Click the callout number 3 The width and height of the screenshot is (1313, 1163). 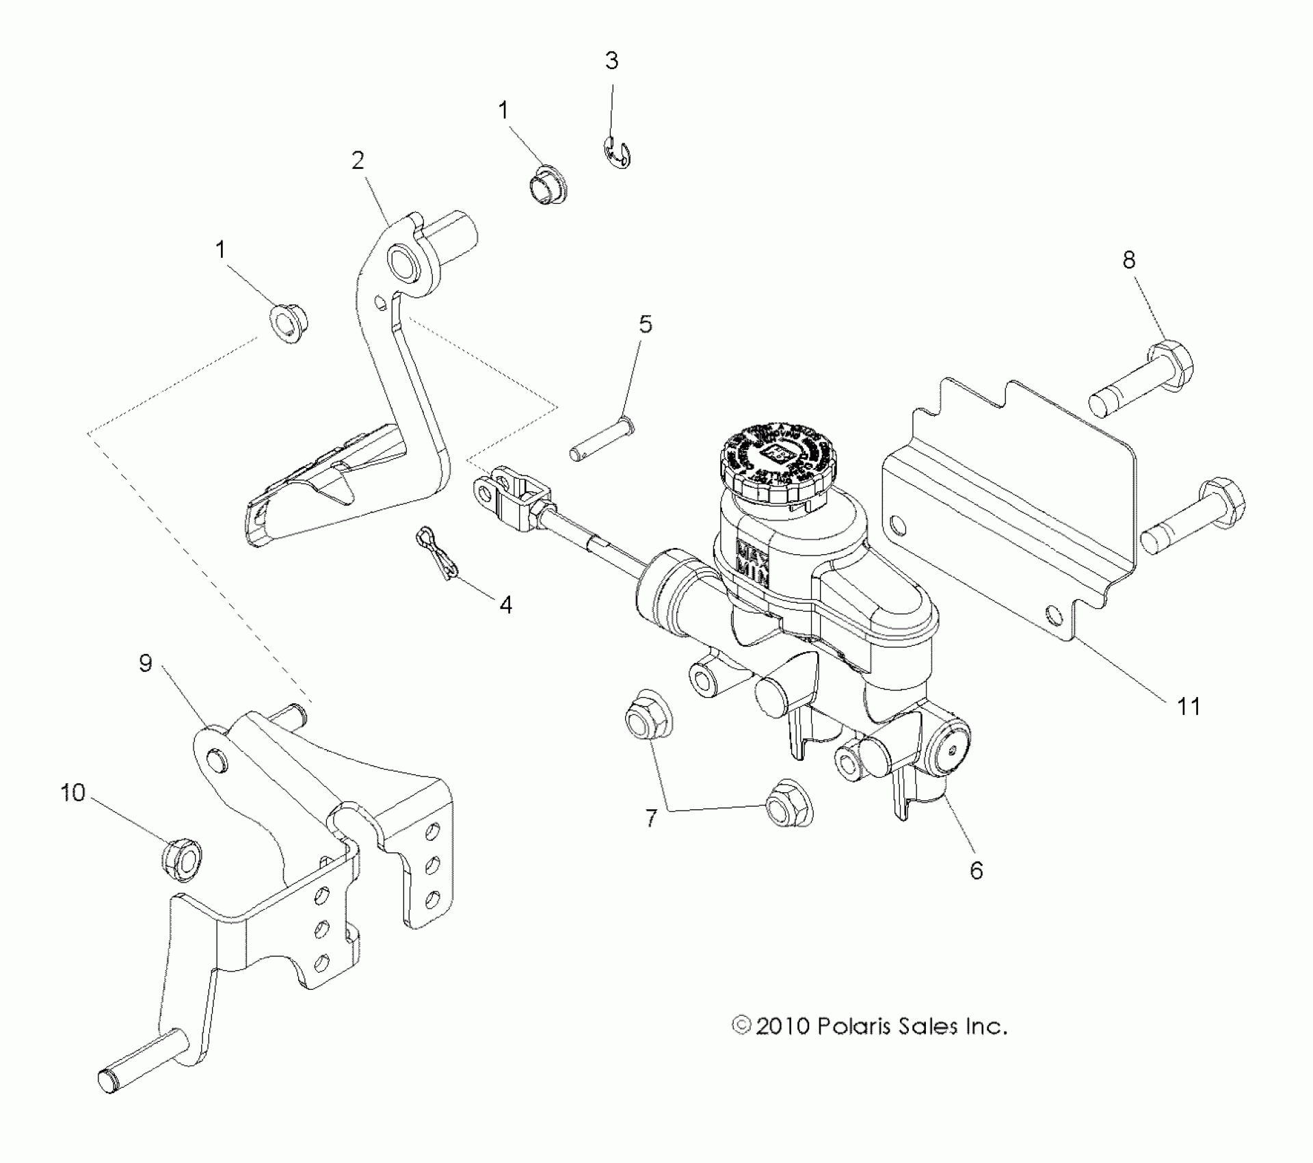coord(611,61)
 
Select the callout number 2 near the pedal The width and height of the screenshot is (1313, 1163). coord(358,161)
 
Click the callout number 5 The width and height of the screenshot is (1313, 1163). coord(645,324)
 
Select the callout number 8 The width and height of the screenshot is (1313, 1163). coord(1128,259)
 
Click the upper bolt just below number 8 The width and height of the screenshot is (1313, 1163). coord(1142,378)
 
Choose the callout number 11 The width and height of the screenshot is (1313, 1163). coord(1188,706)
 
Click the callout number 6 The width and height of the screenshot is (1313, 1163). coord(976,870)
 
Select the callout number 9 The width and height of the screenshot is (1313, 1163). coord(145,663)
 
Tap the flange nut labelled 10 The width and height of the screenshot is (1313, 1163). coord(183,860)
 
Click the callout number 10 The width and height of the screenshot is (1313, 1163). coord(72,793)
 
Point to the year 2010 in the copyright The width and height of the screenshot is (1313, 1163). coord(782,1046)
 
